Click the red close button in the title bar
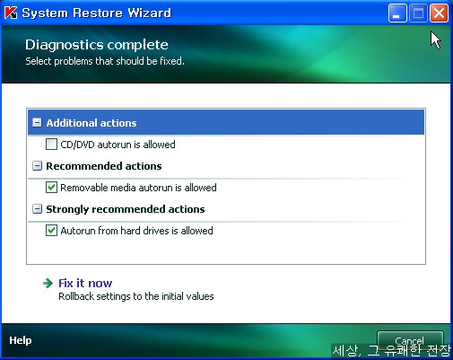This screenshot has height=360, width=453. (439, 13)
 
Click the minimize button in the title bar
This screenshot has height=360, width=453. (397, 13)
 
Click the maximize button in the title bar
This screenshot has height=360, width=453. (418, 13)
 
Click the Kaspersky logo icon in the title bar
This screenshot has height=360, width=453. (11, 13)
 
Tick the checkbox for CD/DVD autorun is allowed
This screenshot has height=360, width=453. (51, 145)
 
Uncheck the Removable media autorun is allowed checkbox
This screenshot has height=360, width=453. (51, 188)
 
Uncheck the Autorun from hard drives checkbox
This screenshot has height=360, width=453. (51, 231)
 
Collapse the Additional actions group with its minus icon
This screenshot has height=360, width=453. (37, 122)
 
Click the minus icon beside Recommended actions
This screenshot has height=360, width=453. (37, 166)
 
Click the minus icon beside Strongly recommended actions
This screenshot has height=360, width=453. (37, 209)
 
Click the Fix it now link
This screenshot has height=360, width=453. (85, 283)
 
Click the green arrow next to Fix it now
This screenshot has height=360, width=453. (48, 283)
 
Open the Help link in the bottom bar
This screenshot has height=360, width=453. (21, 340)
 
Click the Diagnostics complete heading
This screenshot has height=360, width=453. (97, 45)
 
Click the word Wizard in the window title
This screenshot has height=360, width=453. (149, 13)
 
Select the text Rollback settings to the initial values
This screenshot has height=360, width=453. (136, 296)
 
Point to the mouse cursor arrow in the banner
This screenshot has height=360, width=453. (436, 40)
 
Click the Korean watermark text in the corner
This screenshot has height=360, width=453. (391, 350)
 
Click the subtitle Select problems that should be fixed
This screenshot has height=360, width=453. (105, 61)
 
